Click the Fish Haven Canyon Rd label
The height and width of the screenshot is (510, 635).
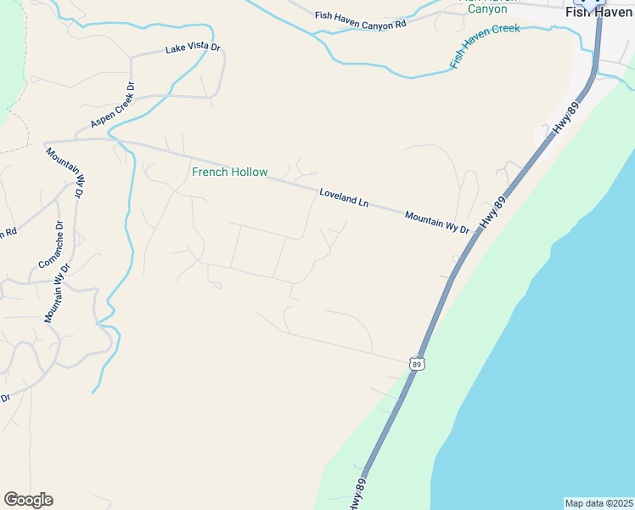(x=361, y=20)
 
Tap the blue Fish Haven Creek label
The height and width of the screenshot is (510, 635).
(x=484, y=46)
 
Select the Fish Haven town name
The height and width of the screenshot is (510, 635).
(x=599, y=13)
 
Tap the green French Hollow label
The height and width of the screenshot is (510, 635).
(x=229, y=173)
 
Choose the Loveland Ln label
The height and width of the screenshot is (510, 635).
(x=344, y=198)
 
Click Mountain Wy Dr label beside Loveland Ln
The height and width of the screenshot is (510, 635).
(x=436, y=223)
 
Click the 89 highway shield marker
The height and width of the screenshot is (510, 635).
(x=415, y=364)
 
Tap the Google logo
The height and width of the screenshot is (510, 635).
(x=28, y=500)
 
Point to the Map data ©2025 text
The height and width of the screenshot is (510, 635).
(x=598, y=503)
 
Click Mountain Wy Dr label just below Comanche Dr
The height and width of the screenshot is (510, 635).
(x=58, y=293)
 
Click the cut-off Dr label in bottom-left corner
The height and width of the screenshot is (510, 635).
(x=5, y=398)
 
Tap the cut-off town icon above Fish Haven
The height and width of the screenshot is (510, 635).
(x=599, y=2)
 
